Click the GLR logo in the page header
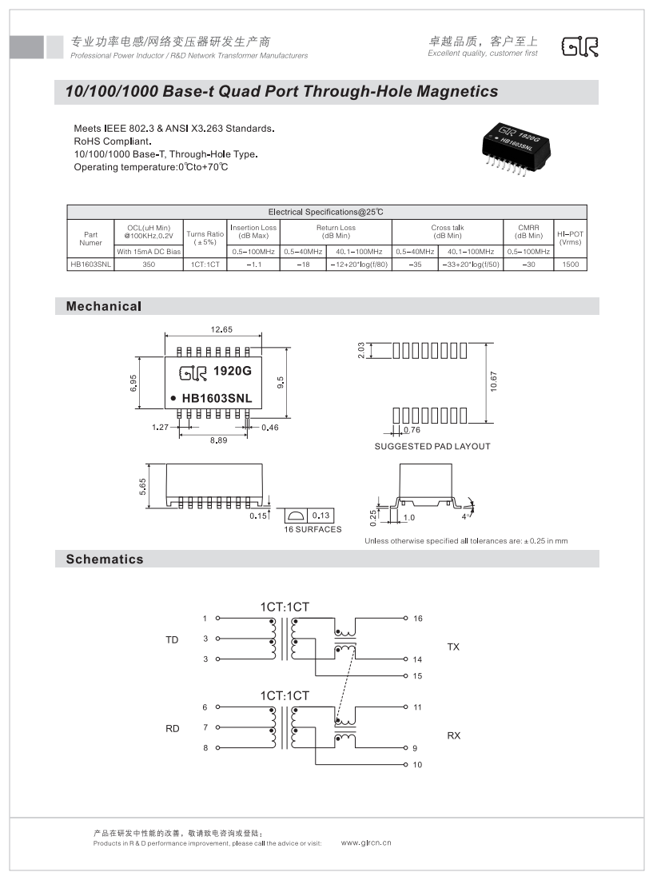[x=579, y=47]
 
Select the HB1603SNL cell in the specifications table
[x=90, y=264]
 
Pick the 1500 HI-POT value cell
[x=571, y=264]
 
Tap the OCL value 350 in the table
[x=149, y=264]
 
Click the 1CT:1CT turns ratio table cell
[x=205, y=264]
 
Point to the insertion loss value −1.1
[x=253, y=264]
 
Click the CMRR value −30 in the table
[x=528, y=264]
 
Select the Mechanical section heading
[x=104, y=306]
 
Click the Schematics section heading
[x=105, y=559]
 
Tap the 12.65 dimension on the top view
[x=221, y=329]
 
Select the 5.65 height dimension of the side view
[x=143, y=486]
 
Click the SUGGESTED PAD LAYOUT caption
[x=432, y=446]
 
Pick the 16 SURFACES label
[x=313, y=529]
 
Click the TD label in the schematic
[x=172, y=639]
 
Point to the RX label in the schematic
[x=453, y=735]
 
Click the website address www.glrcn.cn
[x=365, y=842]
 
